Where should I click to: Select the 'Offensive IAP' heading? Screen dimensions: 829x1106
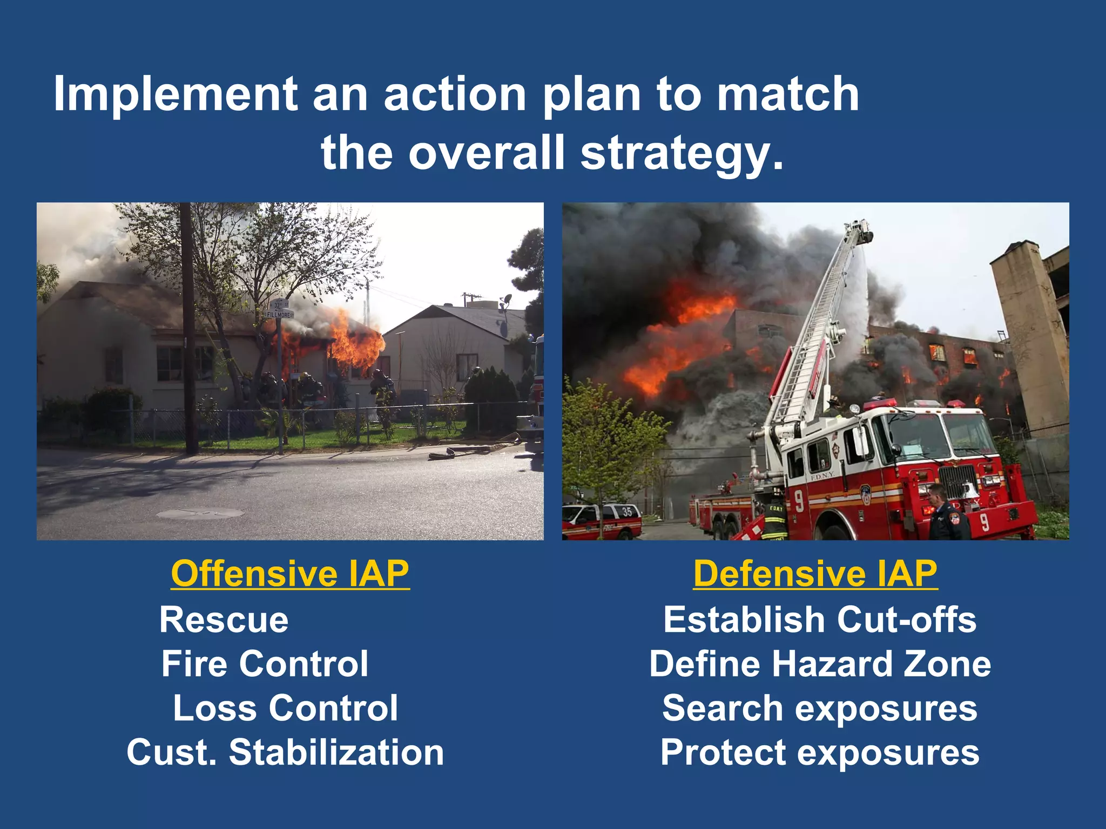click(290, 574)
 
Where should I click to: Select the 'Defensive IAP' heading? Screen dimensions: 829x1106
click(815, 574)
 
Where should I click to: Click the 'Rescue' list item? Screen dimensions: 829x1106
click(224, 620)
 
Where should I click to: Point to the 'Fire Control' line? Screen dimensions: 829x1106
click(265, 664)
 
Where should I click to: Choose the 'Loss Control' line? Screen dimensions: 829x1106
click(285, 708)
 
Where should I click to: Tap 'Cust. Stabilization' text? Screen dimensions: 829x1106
click(285, 752)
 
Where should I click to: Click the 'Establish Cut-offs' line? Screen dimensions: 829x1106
click(820, 620)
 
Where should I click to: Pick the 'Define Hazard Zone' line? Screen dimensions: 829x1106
click(820, 664)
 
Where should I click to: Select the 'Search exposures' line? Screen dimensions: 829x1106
click(820, 708)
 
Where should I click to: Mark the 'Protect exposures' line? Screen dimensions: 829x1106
click(820, 752)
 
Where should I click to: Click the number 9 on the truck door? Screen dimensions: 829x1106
click(798, 501)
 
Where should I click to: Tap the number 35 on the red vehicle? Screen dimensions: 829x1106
click(626, 511)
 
